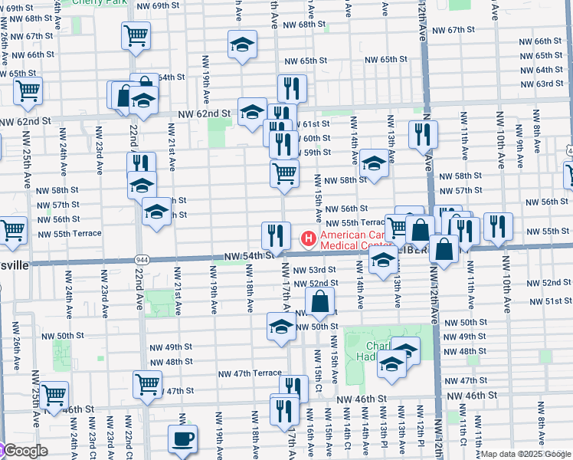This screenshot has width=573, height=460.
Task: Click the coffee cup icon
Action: tap(182, 439)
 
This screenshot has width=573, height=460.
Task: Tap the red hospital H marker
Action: tap(309, 239)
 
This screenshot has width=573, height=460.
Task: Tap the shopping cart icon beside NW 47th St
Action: tap(147, 386)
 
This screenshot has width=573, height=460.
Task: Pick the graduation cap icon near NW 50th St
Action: tap(281, 327)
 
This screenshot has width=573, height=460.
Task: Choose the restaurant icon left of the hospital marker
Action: tap(276, 235)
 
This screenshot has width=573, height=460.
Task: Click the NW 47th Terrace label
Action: tap(250, 373)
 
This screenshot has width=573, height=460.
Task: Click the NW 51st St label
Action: tap(545, 301)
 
